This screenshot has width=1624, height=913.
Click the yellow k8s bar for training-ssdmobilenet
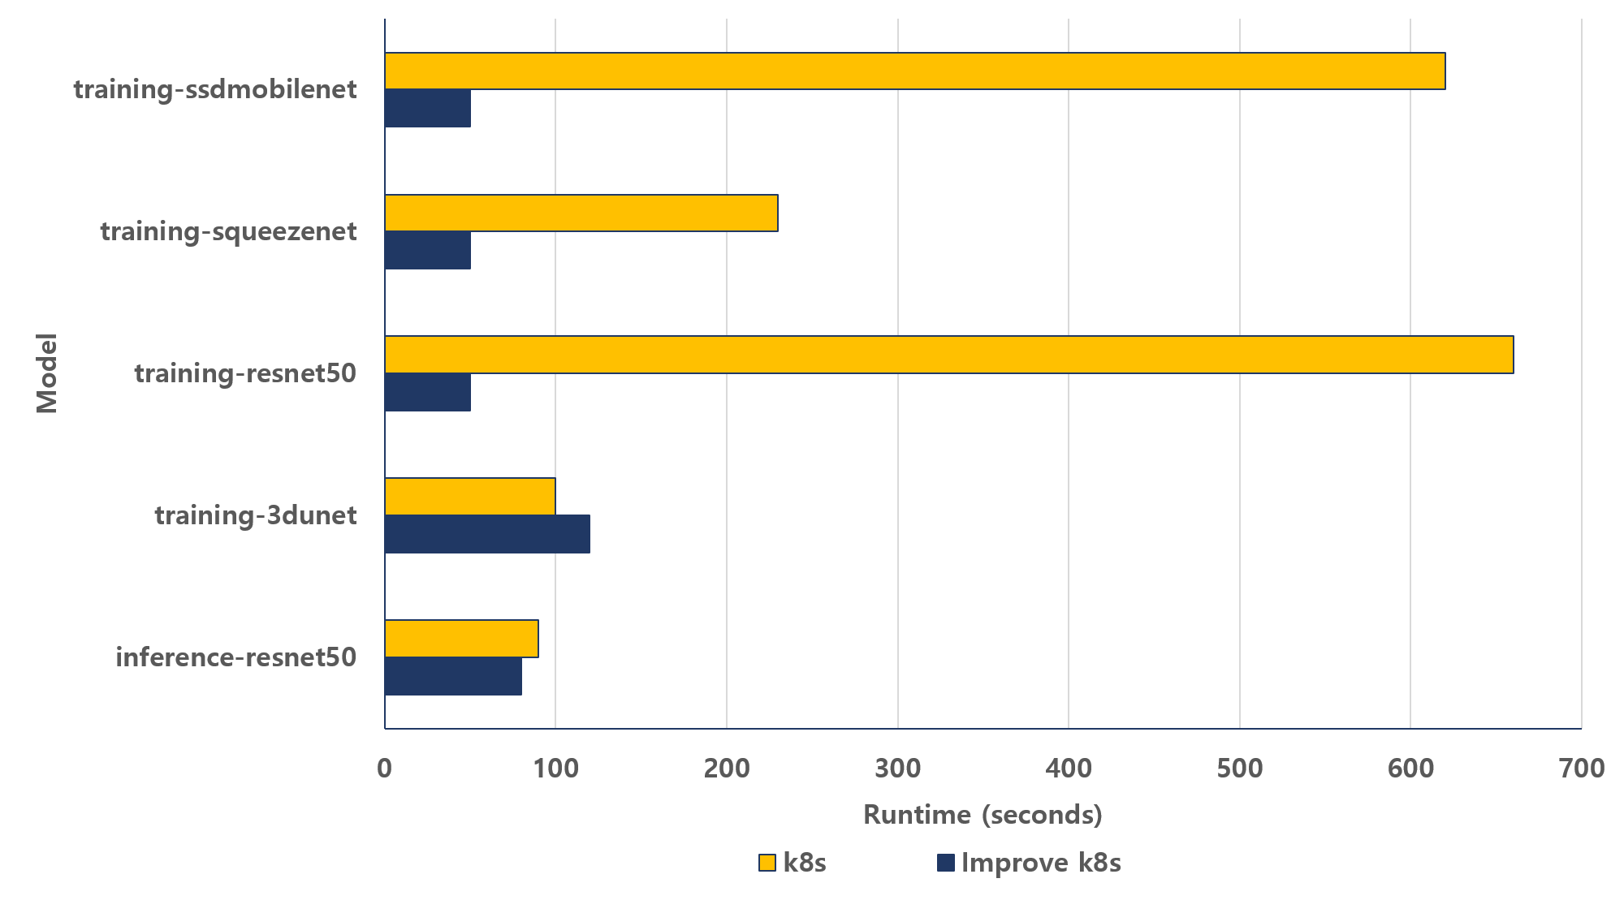(x=914, y=71)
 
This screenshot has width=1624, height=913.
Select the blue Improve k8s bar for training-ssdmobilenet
(x=428, y=109)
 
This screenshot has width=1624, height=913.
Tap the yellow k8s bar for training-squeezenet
(x=581, y=213)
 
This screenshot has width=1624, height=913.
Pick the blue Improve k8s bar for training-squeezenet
(x=428, y=251)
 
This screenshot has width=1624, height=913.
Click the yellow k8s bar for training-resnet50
(x=948, y=355)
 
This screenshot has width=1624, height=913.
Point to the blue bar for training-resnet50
(x=428, y=393)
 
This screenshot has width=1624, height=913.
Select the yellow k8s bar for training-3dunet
(x=470, y=497)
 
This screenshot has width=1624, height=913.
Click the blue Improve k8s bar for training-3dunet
(x=487, y=534)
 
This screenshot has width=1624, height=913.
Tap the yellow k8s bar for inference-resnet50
(x=461, y=639)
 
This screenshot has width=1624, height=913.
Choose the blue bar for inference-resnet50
(x=453, y=677)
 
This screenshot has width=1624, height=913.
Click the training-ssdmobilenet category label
(x=215, y=89)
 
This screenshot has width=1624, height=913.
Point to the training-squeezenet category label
(x=228, y=231)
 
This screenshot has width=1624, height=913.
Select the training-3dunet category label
(x=256, y=515)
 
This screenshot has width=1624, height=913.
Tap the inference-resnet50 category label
(x=235, y=657)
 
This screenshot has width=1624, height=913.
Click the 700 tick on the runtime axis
(x=1582, y=768)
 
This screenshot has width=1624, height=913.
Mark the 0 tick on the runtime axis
(x=385, y=768)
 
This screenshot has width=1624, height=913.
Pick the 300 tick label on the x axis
(x=898, y=768)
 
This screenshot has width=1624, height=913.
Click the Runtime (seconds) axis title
(x=983, y=815)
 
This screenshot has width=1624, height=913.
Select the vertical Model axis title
(x=47, y=373)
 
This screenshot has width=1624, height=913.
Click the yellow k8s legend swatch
(x=767, y=863)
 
